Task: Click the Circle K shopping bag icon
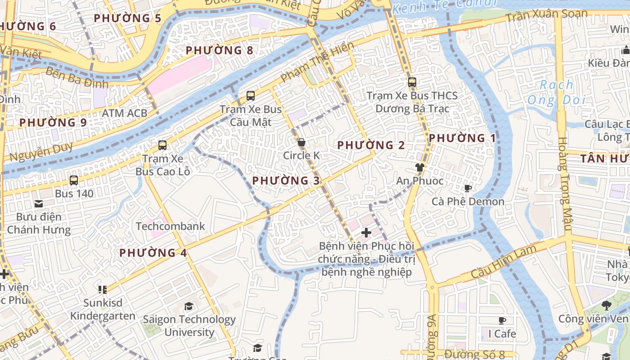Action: [301, 143]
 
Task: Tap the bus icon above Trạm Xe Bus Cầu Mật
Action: [251, 96]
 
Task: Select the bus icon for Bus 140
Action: [74, 180]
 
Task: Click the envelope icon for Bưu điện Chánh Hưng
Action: [39, 203]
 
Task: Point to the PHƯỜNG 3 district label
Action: [286, 181]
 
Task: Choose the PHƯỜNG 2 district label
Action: [371, 145]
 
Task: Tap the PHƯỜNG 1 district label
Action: [462, 138]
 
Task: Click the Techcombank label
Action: [170, 226]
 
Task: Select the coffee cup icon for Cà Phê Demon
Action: [468, 188]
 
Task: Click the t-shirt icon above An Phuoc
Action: [419, 168]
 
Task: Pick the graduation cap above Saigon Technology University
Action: [189, 306]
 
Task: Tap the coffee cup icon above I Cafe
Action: [502, 320]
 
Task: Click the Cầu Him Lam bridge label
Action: [504, 261]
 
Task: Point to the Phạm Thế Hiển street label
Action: [317, 62]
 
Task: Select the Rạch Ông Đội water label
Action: [557, 92]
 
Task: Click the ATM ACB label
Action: [125, 113]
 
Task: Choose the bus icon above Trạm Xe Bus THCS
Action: [412, 82]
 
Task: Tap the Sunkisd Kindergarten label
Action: [103, 309]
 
